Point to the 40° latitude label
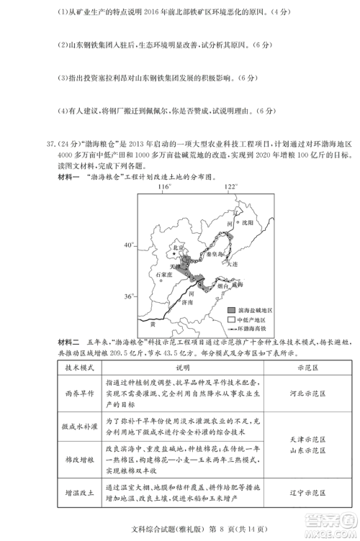129,245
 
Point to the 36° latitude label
129,296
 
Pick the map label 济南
186,303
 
